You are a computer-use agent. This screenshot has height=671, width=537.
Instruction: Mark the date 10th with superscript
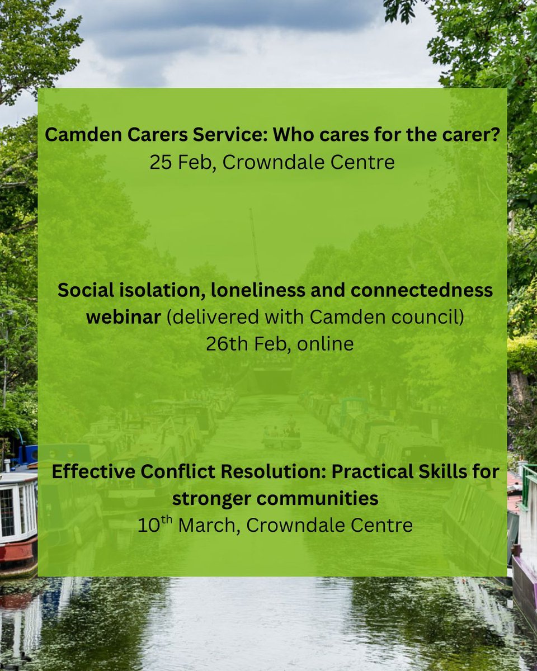pyautogui.click(x=149, y=524)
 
